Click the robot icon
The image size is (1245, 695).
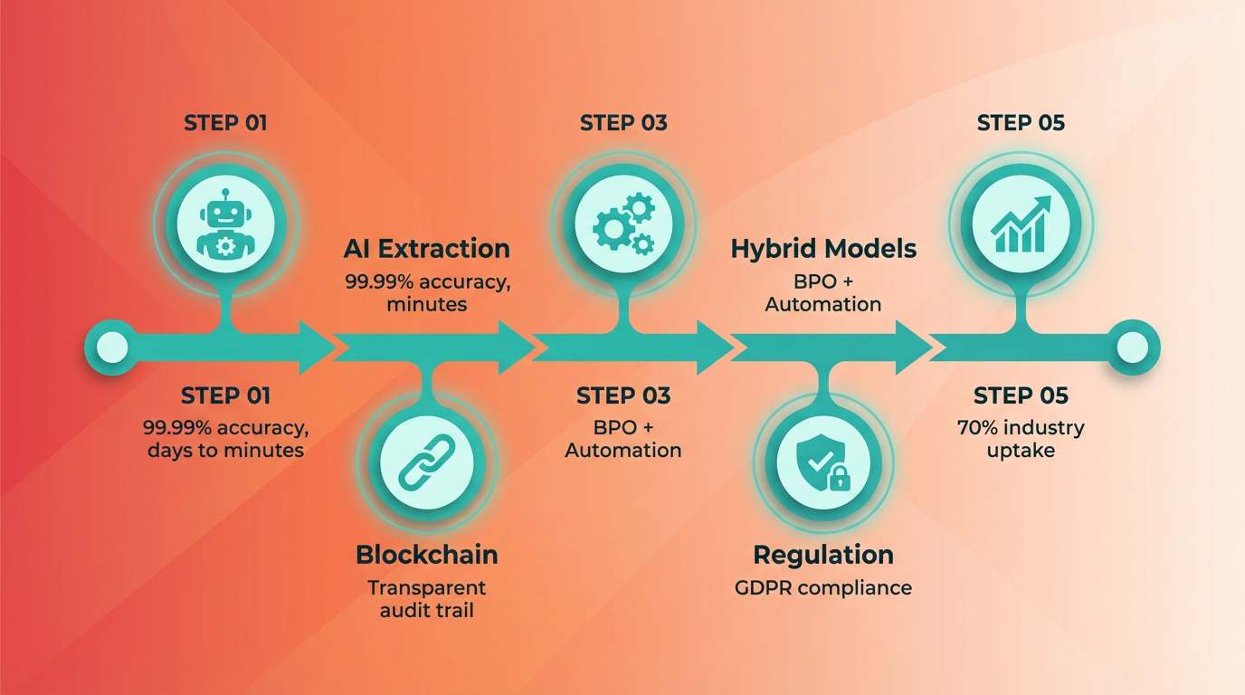(x=224, y=223)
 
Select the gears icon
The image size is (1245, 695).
(x=622, y=223)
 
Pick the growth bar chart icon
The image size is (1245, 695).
(x=1021, y=223)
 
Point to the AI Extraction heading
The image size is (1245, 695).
(x=427, y=249)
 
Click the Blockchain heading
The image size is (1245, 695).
(x=427, y=555)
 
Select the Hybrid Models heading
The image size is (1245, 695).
(x=823, y=249)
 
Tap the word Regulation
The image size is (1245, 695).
(x=823, y=555)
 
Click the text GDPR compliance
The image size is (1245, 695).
(x=823, y=588)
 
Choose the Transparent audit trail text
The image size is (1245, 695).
(x=427, y=599)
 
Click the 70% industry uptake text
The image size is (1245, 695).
(x=1021, y=438)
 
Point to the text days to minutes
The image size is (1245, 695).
(x=226, y=450)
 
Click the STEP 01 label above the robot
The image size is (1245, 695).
(x=226, y=123)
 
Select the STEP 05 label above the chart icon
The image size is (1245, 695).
(x=1021, y=123)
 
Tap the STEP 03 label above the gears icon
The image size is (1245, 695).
(x=623, y=123)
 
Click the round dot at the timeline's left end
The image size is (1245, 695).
(x=111, y=347)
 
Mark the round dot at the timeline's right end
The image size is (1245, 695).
(x=1133, y=347)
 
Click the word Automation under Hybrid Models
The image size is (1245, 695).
(x=823, y=304)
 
